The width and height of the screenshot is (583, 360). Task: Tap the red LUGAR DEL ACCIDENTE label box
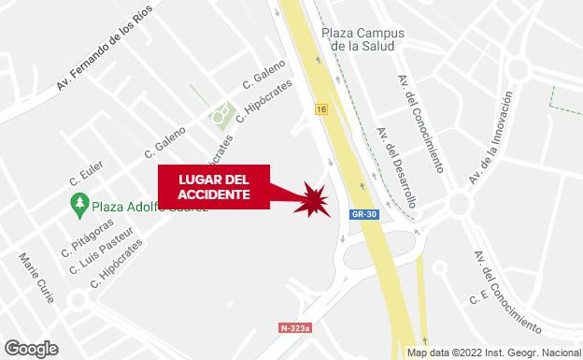(x=213, y=185)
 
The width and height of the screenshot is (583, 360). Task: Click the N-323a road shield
(x=295, y=328)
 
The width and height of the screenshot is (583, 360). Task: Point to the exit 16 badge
(x=321, y=109)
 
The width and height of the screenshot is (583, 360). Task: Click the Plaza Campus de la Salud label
(x=359, y=37)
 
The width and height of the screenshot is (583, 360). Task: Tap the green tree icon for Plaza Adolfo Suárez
(x=79, y=203)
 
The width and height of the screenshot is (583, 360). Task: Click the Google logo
(x=30, y=348)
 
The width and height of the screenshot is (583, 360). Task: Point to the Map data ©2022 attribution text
(x=493, y=353)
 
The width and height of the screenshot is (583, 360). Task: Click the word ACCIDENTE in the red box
(x=214, y=194)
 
